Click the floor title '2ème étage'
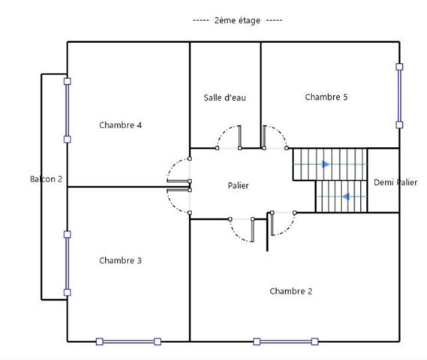(237, 20)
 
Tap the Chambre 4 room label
(121, 125)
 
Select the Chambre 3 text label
(121, 260)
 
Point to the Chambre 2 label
(291, 290)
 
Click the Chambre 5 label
(326, 97)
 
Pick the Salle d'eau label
(224, 97)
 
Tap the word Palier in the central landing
(238, 185)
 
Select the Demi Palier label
(395, 182)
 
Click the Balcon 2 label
(46, 179)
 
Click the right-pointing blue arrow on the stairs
(324, 163)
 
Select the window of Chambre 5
(399, 95)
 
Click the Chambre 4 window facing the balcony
(68, 110)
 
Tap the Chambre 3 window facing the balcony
(68, 262)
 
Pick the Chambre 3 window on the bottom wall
(128, 341)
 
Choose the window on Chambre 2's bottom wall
(285, 341)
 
